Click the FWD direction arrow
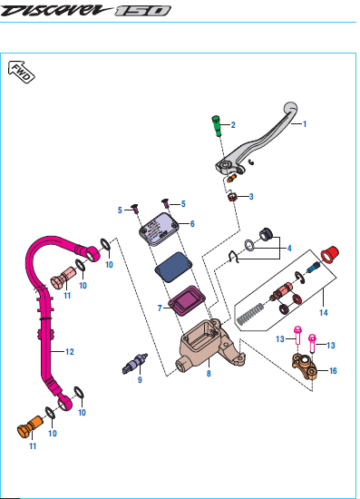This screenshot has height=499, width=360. tap(21, 72)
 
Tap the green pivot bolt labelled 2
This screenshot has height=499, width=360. tap(217, 126)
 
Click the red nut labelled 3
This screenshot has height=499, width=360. tap(233, 197)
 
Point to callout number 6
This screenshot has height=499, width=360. tap(192, 224)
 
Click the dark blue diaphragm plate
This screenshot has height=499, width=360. tap(174, 267)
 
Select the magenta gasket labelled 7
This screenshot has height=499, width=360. tap(187, 301)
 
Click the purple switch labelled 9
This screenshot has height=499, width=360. tap(134, 364)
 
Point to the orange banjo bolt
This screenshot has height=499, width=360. tap(30, 427)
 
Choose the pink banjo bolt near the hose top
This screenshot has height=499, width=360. tap(63, 278)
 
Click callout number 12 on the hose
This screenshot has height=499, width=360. tap(70, 352)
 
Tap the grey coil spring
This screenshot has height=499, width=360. tap(250, 315)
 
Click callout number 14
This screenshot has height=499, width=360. tap(324, 313)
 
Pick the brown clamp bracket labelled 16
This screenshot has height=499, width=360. tap(305, 366)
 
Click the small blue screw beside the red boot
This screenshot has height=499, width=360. tap(313, 267)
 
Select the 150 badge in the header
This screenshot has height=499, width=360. tap(142, 11)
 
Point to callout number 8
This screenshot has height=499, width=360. tap(209, 374)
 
